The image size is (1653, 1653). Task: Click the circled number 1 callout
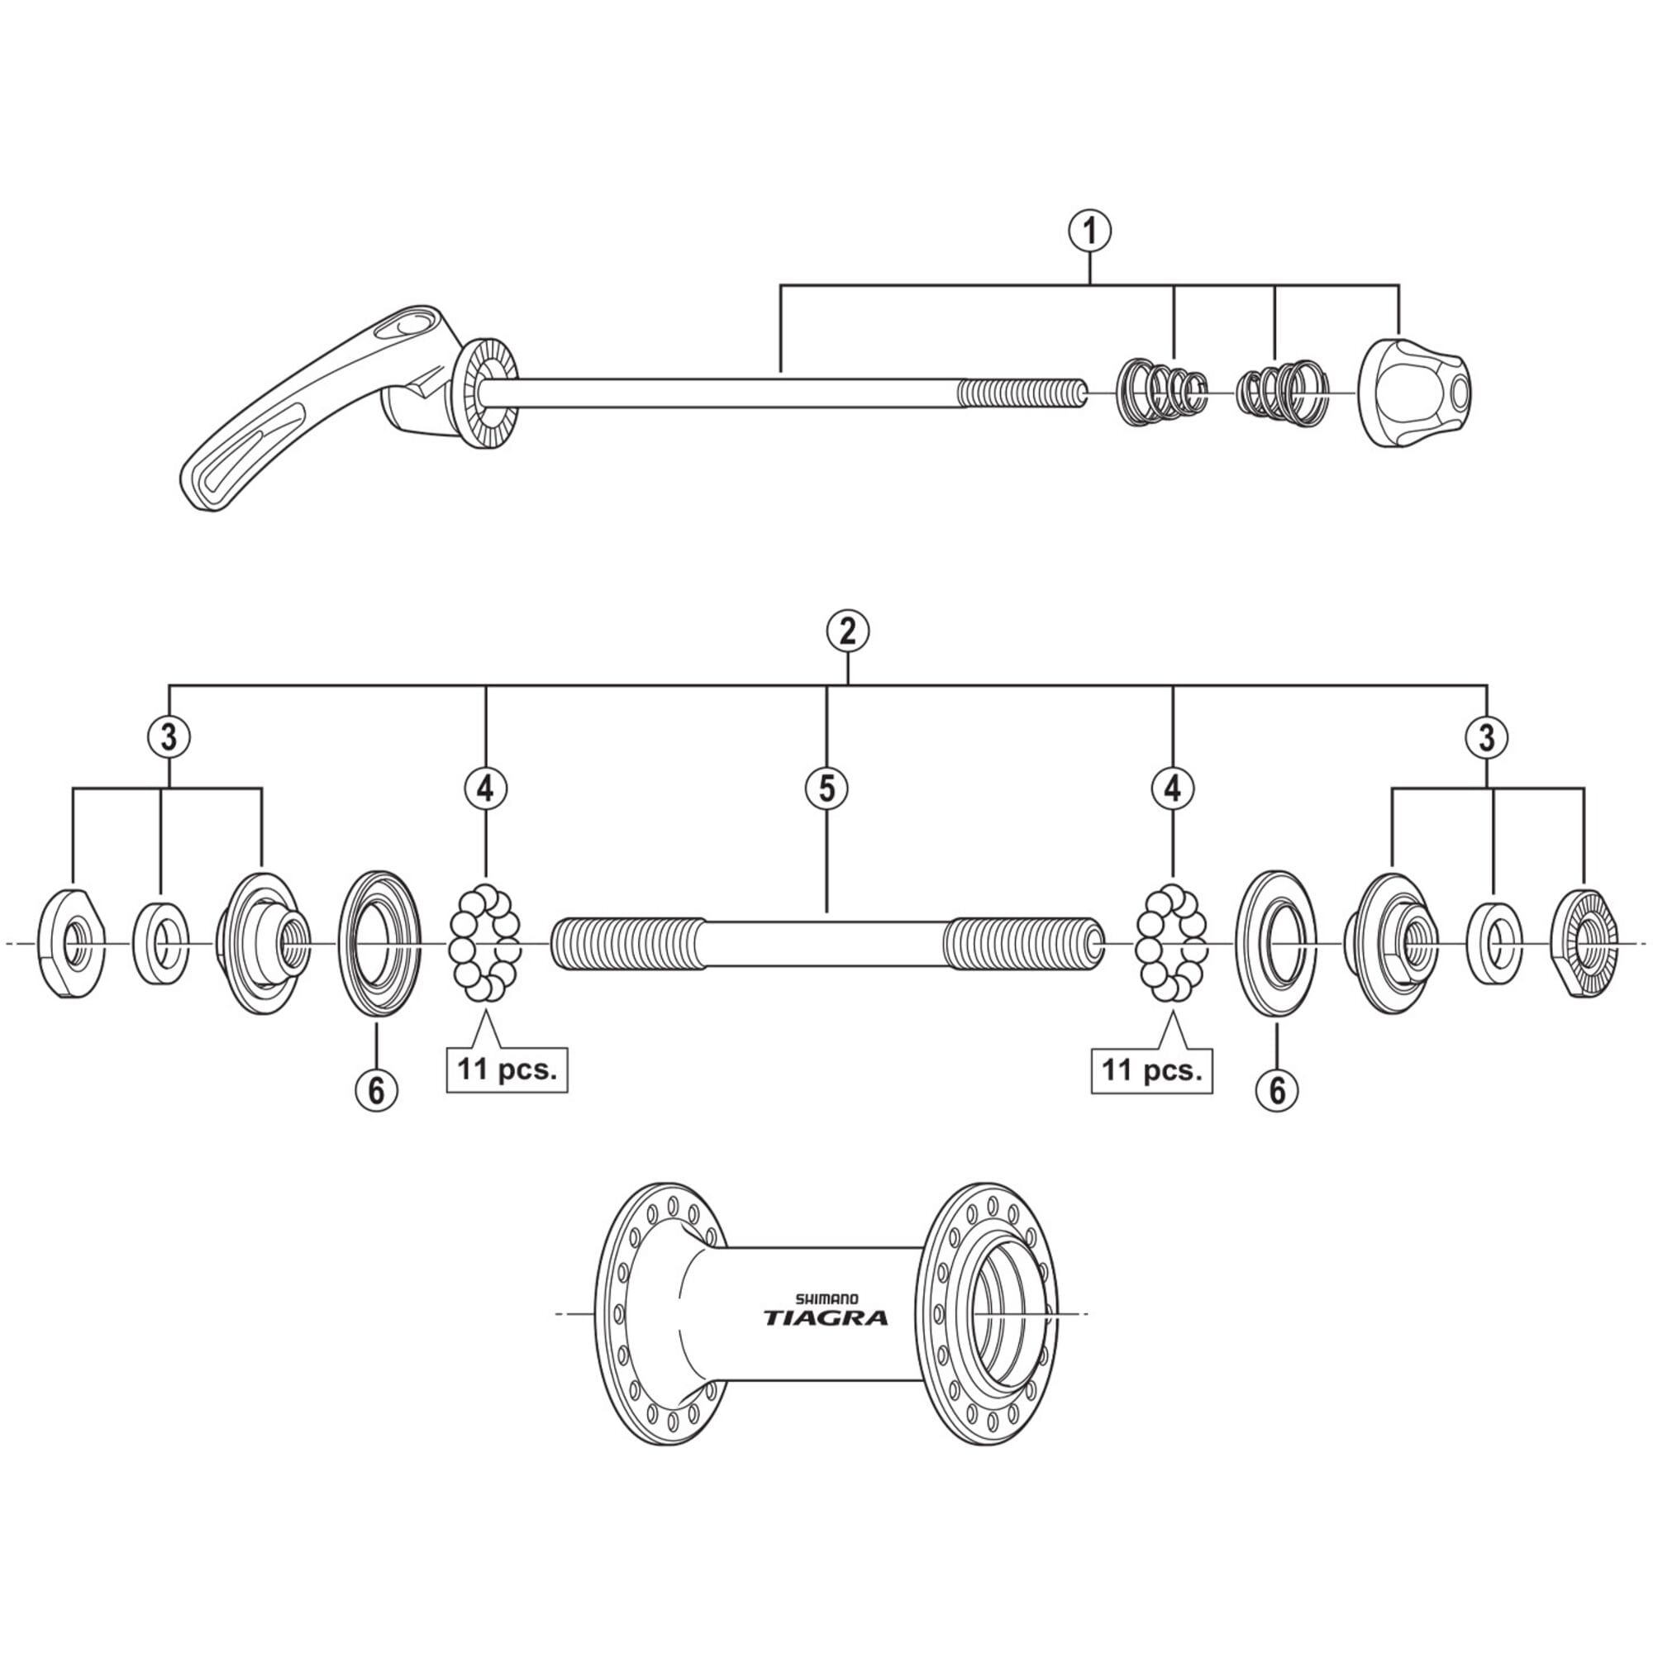(x=1090, y=232)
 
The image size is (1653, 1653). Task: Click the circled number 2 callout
(x=847, y=632)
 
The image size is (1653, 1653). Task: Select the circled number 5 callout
(x=826, y=788)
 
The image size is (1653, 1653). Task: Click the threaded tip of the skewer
(x=1022, y=393)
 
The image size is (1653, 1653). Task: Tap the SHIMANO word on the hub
(x=827, y=1298)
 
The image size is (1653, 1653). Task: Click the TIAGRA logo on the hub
(x=826, y=1318)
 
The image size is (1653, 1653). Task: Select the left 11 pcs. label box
(x=507, y=1069)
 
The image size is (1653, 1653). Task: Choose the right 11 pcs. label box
(x=1151, y=1069)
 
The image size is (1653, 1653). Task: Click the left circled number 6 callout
(x=376, y=1090)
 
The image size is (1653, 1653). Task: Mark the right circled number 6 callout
(x=1277, y=1090)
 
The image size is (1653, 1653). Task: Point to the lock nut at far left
(x=71, y=944)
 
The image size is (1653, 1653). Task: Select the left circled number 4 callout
(x=485, y=788)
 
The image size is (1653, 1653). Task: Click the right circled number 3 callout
(x=1487, y=736)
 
